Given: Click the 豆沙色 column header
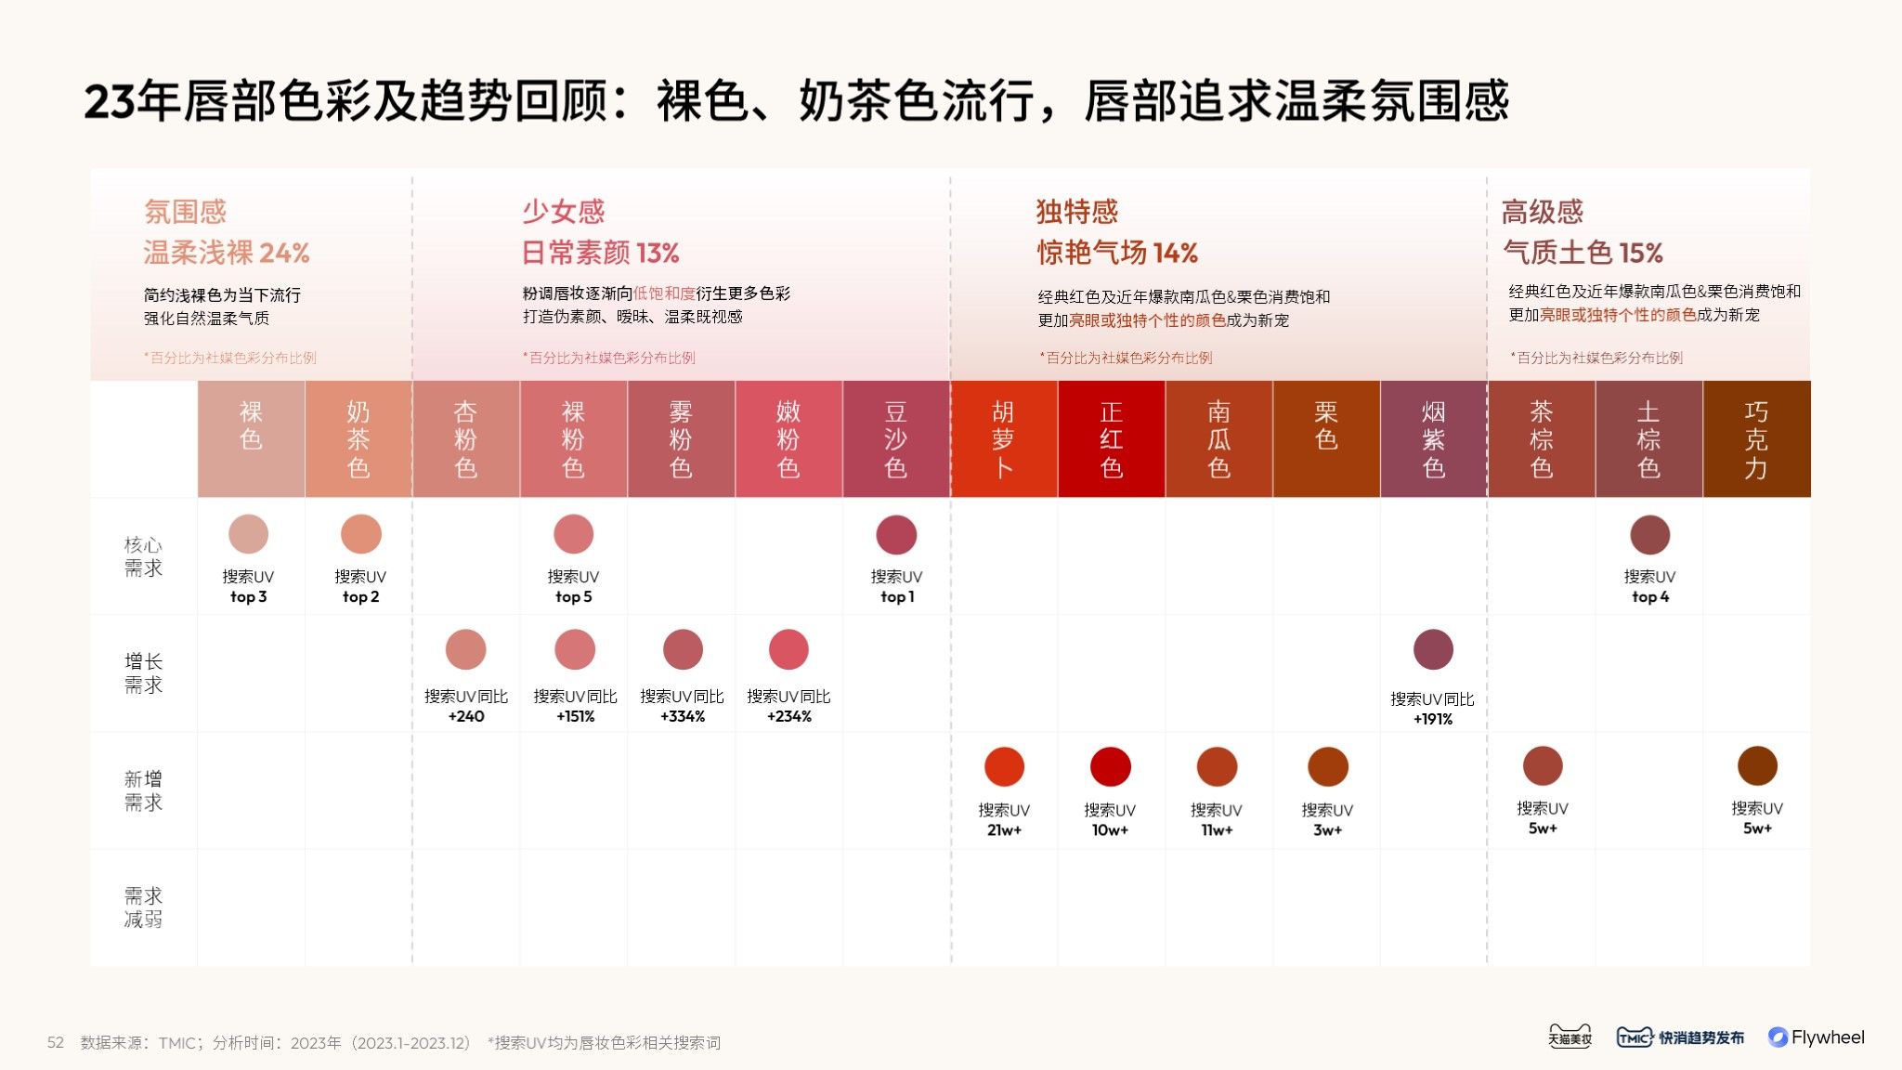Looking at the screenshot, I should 896,439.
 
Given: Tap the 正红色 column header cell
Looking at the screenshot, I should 1111,439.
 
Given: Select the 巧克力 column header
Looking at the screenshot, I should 1756,439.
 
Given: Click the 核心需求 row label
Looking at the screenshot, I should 143,556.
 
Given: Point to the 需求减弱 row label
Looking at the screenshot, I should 143,907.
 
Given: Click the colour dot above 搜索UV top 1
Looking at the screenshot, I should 896,535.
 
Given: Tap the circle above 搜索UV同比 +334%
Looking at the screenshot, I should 683,649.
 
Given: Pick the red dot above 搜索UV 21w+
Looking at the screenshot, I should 1004,767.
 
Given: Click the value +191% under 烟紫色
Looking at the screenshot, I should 1432,719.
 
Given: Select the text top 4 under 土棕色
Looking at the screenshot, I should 1649,597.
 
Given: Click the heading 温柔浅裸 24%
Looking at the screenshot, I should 227,253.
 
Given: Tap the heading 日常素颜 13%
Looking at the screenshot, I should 600,253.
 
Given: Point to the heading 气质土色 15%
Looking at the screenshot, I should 1583,253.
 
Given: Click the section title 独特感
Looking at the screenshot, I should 1077,212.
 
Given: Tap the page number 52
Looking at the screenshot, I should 56,1043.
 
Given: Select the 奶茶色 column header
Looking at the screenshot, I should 358,439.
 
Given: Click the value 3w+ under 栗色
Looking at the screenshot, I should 1327,830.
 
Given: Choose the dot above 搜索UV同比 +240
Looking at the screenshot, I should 465,649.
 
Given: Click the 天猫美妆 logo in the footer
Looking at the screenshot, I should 1570,1037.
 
